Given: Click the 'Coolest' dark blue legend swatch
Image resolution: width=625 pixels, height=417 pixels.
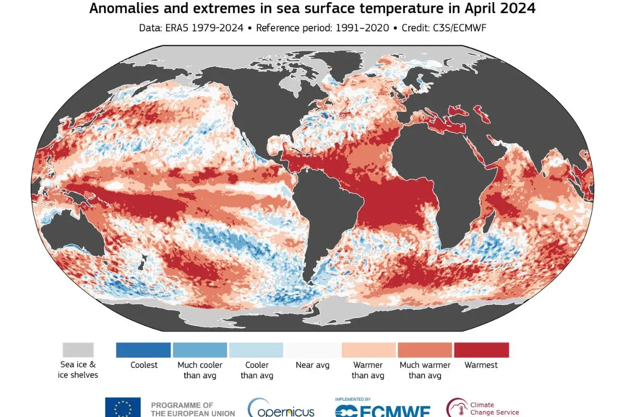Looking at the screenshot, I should (143, 350).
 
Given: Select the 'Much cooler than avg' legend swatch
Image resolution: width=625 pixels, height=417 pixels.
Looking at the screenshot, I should (200, 350).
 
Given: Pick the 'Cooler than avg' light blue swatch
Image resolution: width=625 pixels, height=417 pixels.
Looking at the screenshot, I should (256, 350).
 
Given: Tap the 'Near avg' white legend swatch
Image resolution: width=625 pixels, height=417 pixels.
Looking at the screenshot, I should (312, 350).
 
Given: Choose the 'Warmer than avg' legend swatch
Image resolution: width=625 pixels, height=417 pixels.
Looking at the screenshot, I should (368, 350).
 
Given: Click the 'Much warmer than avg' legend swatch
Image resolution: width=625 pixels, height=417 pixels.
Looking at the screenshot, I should (424, 350).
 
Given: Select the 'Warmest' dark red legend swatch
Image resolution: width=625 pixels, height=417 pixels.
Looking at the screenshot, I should (481, 350).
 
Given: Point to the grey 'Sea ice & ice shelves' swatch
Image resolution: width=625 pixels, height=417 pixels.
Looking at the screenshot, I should (78, 350).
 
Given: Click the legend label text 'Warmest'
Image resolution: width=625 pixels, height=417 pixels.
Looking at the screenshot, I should (481, 365).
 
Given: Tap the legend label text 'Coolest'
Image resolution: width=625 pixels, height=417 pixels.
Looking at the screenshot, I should (144, 365).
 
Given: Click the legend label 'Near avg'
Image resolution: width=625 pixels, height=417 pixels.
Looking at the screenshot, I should (312, 365).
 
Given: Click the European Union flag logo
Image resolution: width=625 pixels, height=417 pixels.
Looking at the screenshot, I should (123, 407).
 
